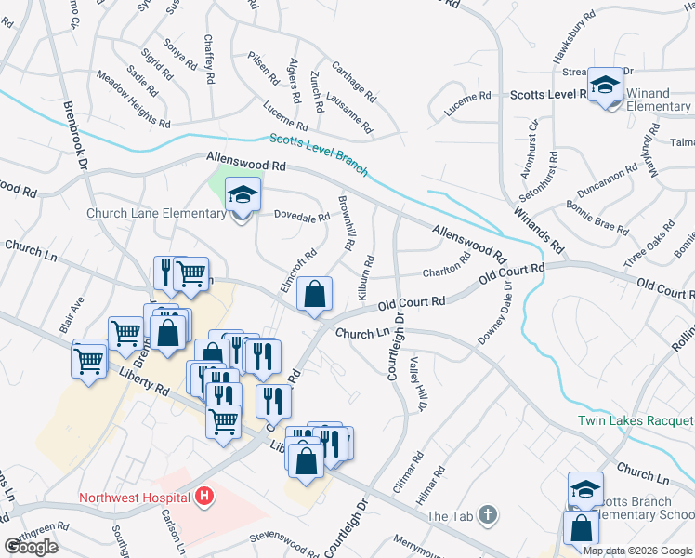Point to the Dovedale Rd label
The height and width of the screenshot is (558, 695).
[x=301, y=218]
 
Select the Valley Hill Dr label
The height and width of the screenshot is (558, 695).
[x=418, y=385]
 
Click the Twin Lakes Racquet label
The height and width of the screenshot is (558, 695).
[x=636, y=420]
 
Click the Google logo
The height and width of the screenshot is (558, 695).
[x=31, y=547]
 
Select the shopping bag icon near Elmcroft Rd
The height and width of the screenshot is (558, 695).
[x=315, y=294]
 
